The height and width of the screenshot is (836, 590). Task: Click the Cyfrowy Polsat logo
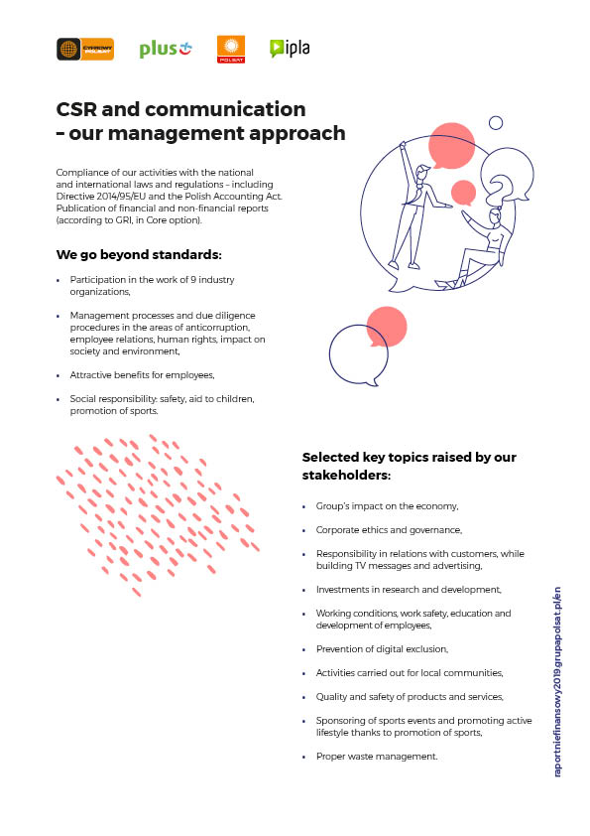point(85,49)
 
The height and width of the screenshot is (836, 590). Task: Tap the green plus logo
point(166,49)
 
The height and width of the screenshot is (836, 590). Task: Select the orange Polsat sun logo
point(231,49)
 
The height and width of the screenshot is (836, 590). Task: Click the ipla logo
point(290,49)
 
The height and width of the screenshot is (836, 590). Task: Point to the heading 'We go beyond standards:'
point(139,255)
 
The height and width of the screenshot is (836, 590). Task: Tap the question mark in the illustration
point(499,191)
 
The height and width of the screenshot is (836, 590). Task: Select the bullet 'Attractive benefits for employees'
point(142,375)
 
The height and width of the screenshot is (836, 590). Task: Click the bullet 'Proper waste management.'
point(377,757)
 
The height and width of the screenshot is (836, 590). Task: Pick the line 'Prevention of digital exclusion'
point(383,649)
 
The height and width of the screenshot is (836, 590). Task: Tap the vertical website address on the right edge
point(557,682)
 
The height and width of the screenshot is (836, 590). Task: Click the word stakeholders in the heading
point(346,475)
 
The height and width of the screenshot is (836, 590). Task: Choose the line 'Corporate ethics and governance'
point(390,530)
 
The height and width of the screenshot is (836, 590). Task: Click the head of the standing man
point(422,174)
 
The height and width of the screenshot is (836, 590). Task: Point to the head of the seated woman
point(494,216)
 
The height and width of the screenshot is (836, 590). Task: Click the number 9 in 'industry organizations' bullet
point(193,280)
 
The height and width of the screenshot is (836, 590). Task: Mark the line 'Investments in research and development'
point(409,590)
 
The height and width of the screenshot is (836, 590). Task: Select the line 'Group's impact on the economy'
point(387,506)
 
